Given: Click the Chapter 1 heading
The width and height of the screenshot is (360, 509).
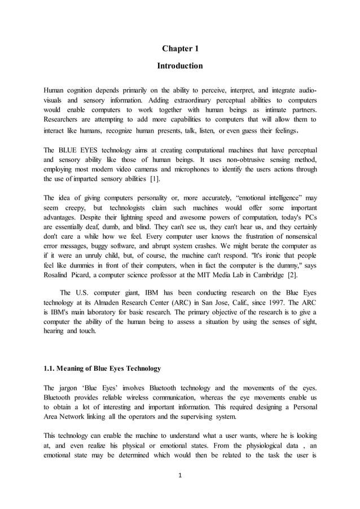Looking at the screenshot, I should pos(179,49).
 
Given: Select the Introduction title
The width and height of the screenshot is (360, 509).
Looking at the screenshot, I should pos(179,66).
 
